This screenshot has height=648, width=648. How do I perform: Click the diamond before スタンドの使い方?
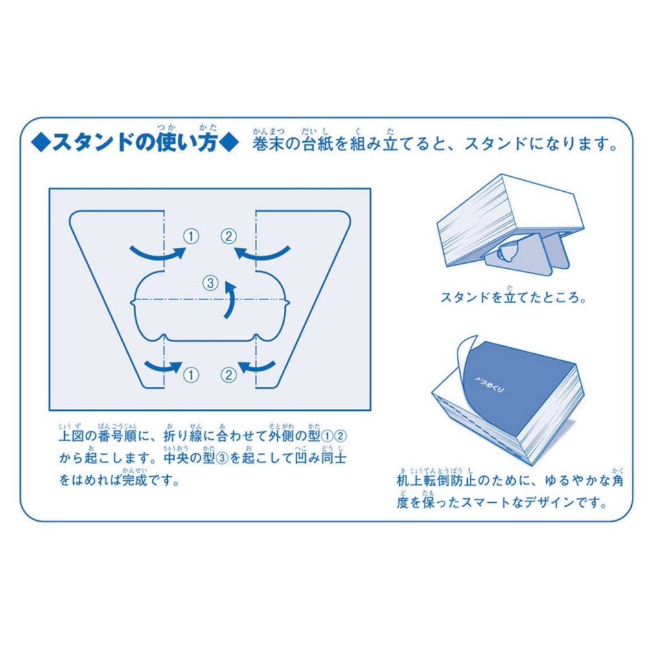pos(40,143)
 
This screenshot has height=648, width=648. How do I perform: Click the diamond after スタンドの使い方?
pos(229,143)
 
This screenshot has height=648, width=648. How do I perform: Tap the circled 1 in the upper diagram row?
pos(191,237)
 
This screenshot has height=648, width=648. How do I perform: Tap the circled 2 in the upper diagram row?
pos(229,237)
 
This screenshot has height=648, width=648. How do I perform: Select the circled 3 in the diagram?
pos(211,283)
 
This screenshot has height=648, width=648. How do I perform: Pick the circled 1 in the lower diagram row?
pos(191,375)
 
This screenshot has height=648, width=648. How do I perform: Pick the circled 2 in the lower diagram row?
pos(229,375)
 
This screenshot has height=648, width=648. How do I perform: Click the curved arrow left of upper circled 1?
pos(157,254)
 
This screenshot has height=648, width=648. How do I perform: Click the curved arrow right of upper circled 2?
pos(262,254)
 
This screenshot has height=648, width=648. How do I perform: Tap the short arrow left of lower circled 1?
pos(163,367)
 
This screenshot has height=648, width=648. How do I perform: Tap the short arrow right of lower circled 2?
pos(256,367)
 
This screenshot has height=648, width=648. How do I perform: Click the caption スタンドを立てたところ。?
pos(513,297)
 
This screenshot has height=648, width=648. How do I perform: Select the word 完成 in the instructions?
pos(134,480)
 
